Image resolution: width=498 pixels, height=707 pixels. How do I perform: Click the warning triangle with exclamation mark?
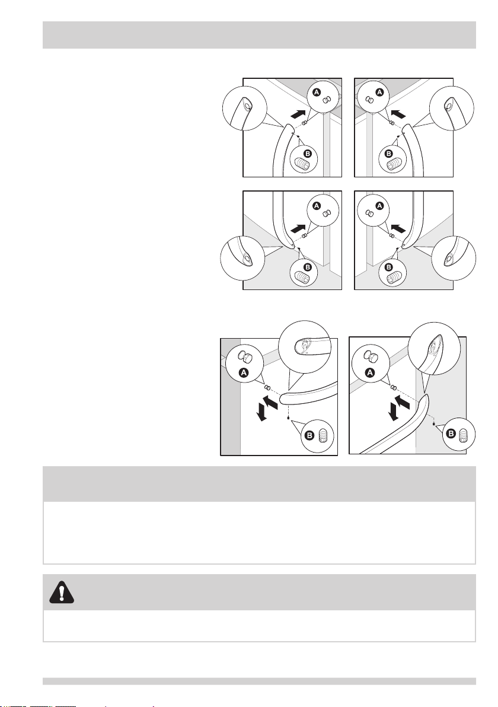click(x=61, y=592)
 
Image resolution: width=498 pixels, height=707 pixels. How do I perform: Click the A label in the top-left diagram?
click(x=317, y=92)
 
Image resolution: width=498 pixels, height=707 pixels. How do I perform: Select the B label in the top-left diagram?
click(x=308, y=154)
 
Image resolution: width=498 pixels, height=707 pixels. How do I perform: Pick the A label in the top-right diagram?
click(x=379, y=92)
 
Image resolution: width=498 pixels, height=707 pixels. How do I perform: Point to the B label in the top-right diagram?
click(x=389, y=154)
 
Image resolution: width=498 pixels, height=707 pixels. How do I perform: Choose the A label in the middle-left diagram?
click(x=317, y=206)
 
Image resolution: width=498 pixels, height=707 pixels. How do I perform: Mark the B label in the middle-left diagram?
click(x=308, y=267)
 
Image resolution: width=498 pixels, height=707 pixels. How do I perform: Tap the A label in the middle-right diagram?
click(x=379, y=206)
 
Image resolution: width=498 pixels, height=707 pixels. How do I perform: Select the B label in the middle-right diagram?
click(x=389, y=267)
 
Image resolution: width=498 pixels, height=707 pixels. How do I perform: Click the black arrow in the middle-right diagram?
click(x=400, y=227)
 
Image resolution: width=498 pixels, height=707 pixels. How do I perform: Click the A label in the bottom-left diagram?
click(x=244, y=372)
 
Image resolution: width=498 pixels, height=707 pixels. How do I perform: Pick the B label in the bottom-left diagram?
click(x=310, y=435)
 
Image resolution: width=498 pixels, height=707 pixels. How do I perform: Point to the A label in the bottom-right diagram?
click(x=371, y=372)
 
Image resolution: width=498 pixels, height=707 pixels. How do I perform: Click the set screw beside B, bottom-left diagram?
click(x=323, y=435)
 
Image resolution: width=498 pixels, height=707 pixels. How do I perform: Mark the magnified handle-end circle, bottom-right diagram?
click(x=434, y=349)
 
